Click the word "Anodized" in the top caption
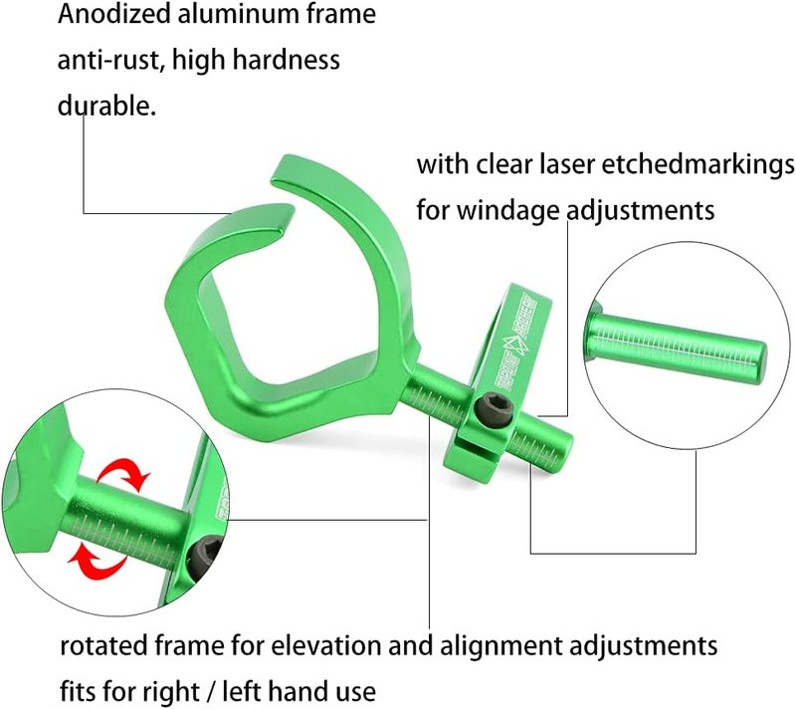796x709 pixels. coord(114,14)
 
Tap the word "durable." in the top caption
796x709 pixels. coord(106,106)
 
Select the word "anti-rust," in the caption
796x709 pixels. coord(111,60)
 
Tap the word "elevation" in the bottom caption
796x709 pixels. coord(326,646)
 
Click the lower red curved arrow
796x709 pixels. coord(97,562)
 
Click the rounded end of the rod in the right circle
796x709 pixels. coord(758,361)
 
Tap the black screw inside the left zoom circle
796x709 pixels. coord(206,560)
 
